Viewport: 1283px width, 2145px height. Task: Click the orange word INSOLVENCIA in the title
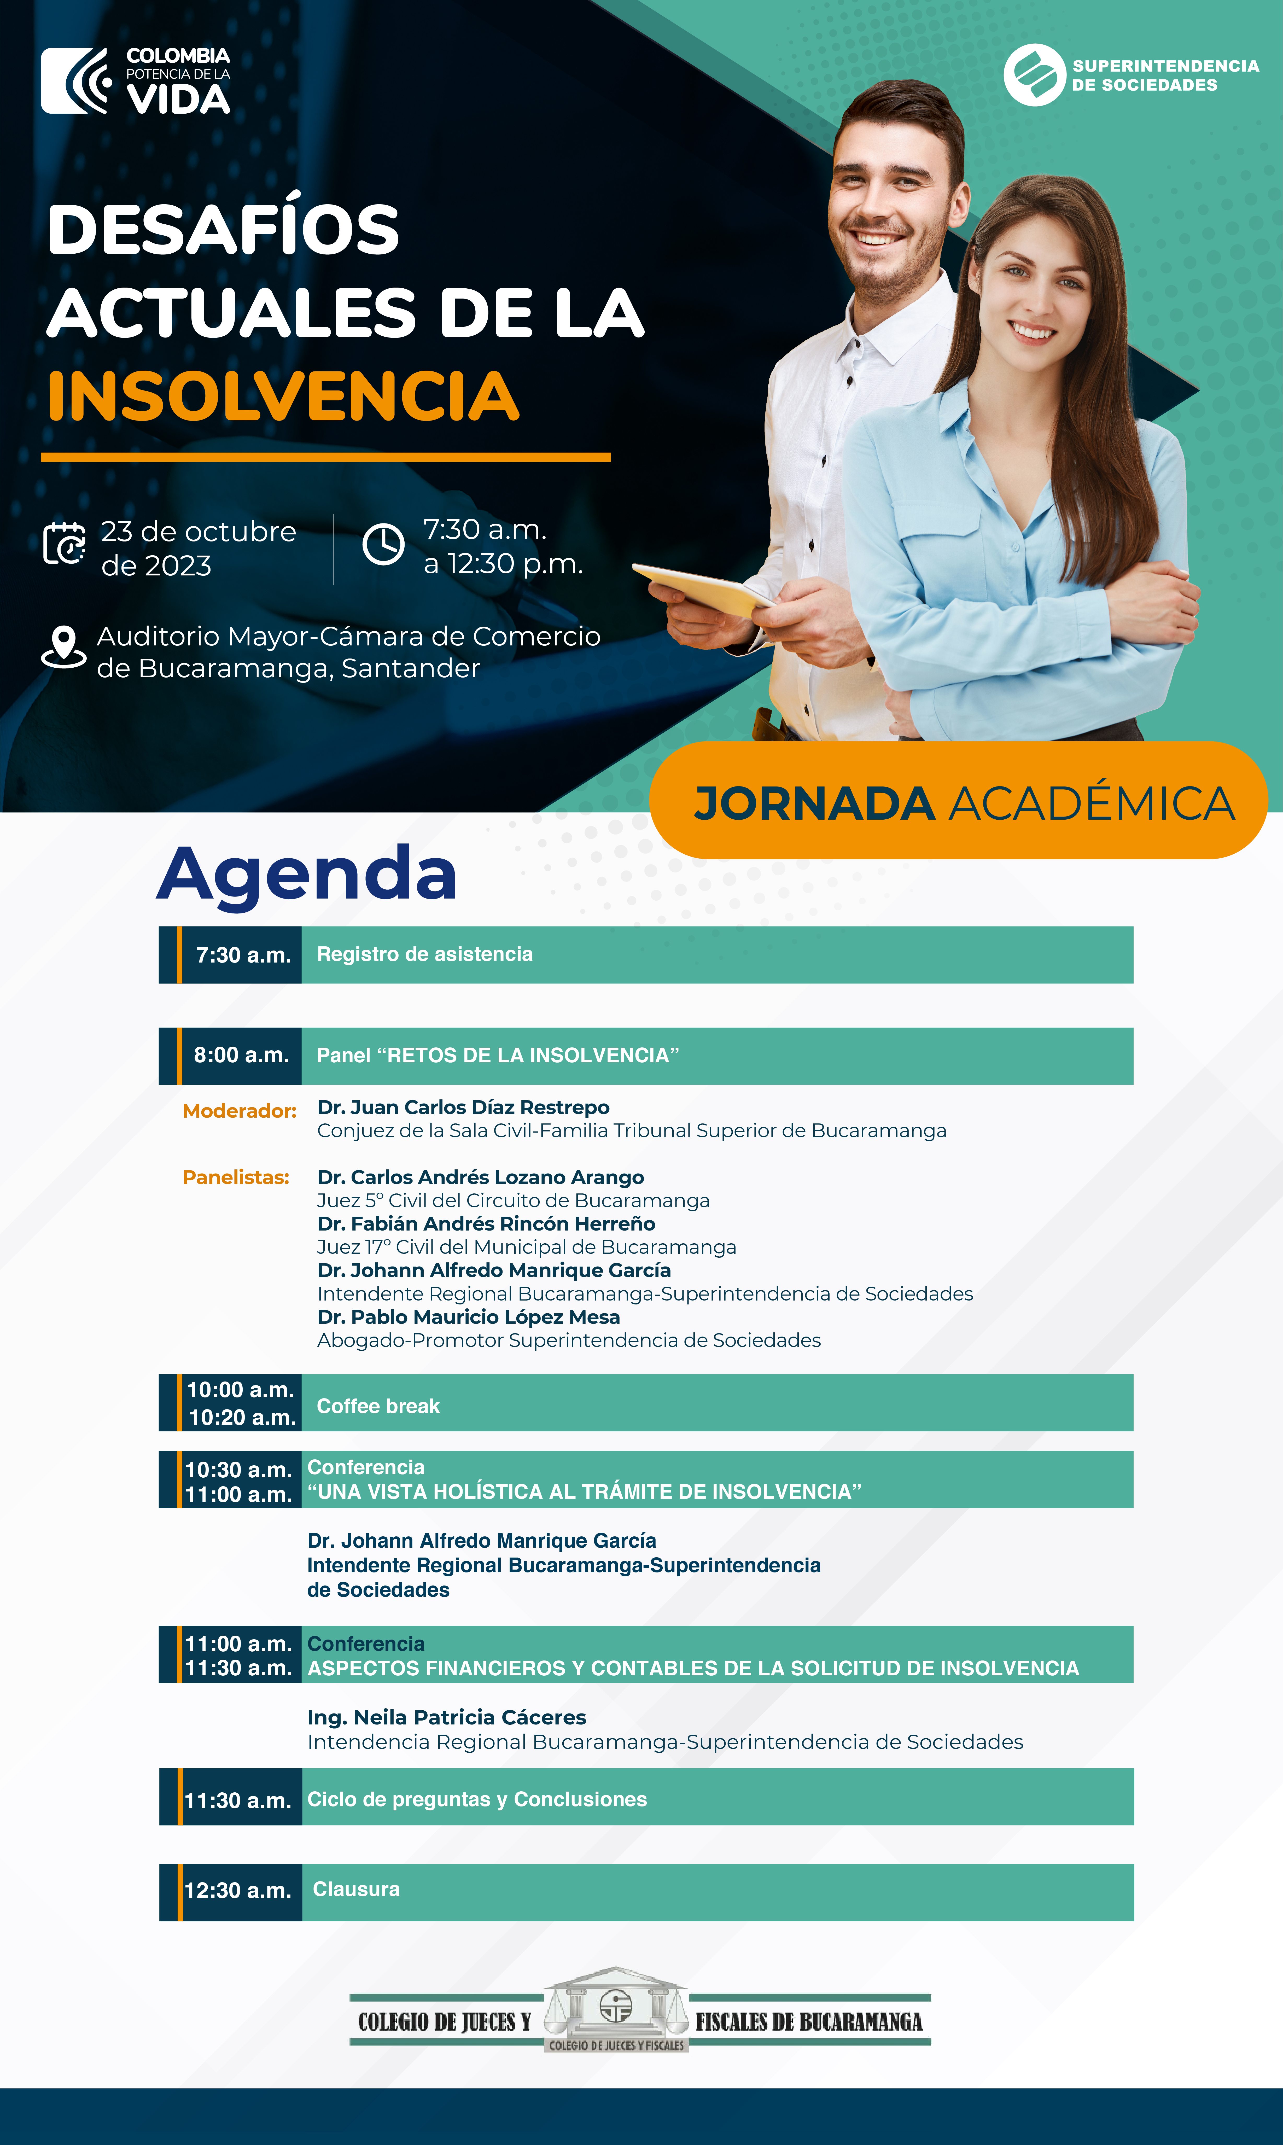(284, 396)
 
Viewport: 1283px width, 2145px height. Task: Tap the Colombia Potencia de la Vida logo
(136, 80)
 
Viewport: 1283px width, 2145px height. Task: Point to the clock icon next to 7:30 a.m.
(383, 545)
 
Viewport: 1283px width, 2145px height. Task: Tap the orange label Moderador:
(240, 1111)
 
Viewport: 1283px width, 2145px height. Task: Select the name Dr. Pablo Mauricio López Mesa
(469, 1317)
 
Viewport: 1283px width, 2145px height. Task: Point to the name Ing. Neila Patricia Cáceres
(447, 1717)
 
